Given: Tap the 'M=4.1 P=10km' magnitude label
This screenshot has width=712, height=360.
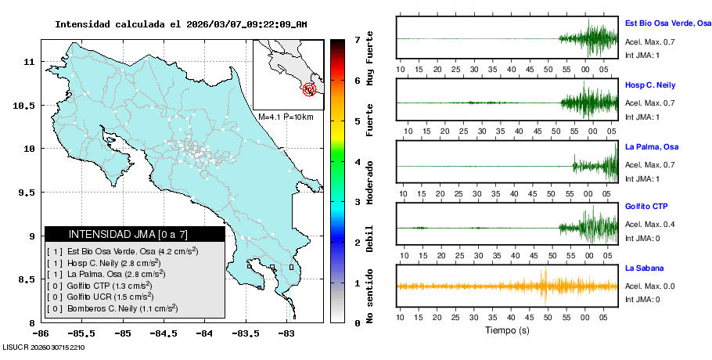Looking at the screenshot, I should point(286,117).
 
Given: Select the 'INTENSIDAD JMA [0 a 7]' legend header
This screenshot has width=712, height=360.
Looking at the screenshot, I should point(135,234).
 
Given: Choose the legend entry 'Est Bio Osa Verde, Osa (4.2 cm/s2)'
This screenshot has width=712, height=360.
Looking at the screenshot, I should point(122,251).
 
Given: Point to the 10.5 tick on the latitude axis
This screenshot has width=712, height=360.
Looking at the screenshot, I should point(30,105).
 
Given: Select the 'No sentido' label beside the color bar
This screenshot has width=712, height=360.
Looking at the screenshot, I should point(370,297).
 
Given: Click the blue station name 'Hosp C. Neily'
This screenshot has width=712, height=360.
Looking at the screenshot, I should point(649,85).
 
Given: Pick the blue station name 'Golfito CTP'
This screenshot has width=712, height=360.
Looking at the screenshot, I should point(646,207).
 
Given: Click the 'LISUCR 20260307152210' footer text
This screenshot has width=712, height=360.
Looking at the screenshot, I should point(43,347).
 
